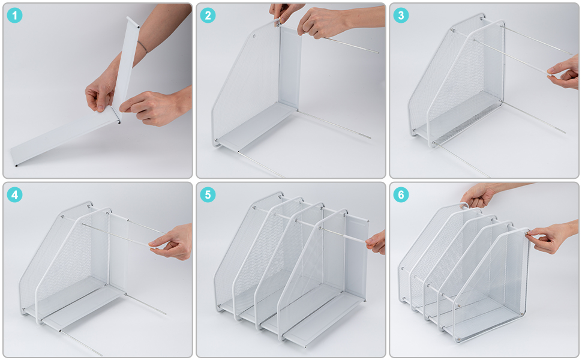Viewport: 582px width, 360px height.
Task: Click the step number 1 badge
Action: (15, 16)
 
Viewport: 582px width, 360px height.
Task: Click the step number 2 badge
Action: (208, 16)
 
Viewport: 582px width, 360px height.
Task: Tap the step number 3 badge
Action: (401, 16)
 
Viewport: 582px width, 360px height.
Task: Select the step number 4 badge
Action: (15, 195)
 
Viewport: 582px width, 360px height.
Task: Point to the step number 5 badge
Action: (208, 195)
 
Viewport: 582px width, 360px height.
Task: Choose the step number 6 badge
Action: (401, 195)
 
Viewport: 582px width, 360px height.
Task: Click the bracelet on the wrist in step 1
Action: (142, 47)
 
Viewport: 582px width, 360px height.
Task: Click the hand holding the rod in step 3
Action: (564, 73)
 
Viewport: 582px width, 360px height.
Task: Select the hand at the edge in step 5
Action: (376, 242)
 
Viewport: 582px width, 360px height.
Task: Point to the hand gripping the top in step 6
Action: (478, 195)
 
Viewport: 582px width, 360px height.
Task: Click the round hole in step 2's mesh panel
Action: (254, 37)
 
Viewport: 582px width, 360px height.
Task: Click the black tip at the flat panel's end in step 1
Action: (16, 165)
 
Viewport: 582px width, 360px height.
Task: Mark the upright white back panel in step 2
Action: (290, 67)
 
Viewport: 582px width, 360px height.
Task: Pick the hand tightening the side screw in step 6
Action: (551, 236)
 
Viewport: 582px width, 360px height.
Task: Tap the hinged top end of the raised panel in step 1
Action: (133, 22)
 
